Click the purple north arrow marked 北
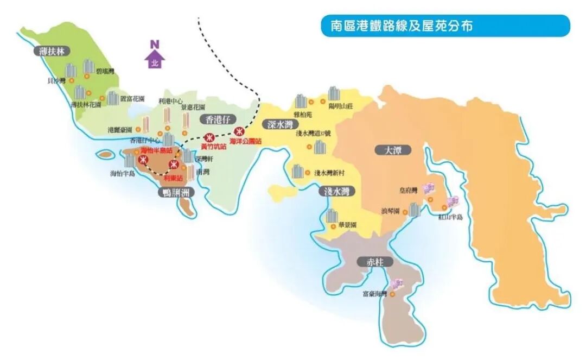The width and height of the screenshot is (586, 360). (x=155, y=59)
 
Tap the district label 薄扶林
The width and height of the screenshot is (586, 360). (x=52, y=52)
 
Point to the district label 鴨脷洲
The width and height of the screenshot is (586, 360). (x=179, y=192)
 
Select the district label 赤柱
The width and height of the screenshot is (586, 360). (x=375, y=262)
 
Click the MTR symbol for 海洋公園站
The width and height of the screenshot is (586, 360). (x=239, y=131)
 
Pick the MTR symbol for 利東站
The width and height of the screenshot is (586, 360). (x=174, y=165)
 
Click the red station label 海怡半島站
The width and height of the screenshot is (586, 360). (x=157, y=150)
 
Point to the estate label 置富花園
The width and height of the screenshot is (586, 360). (x=132, y=99)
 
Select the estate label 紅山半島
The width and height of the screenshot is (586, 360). (x=450, y=217)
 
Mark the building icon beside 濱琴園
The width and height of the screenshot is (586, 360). (x=415, y=210)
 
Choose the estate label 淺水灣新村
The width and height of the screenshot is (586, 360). (x=329, y=173)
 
